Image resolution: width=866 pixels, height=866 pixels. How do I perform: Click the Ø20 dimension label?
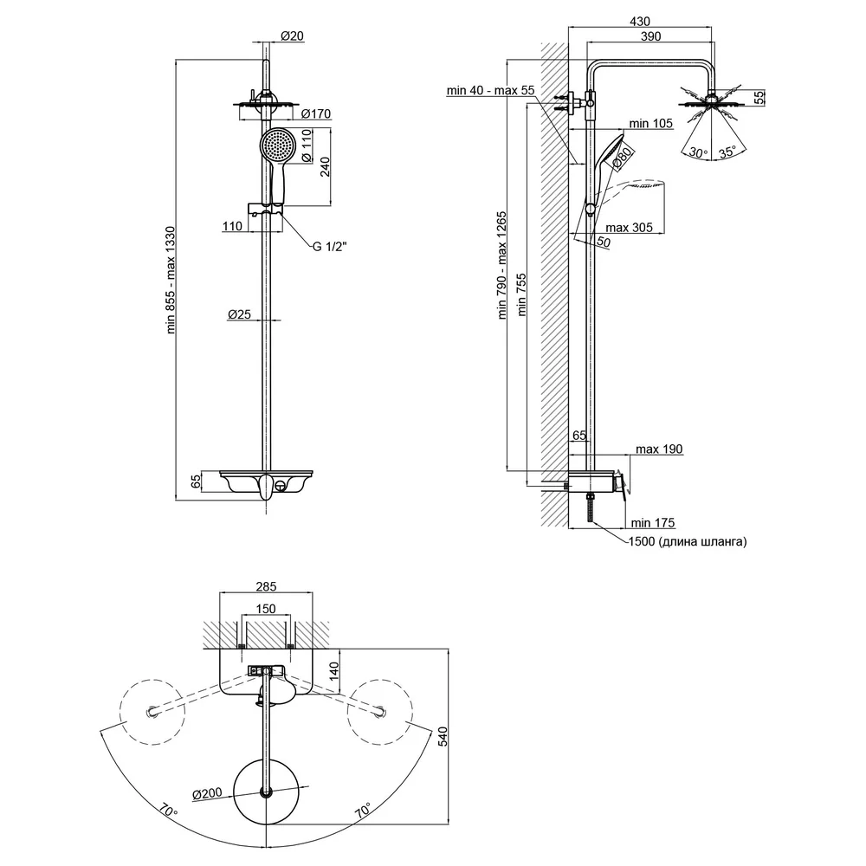pos(292,36)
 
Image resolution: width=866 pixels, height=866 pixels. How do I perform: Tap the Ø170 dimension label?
pos(316,113)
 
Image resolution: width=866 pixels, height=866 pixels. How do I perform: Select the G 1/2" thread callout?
pos(330,246)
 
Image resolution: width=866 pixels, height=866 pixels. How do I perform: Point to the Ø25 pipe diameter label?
pos(239,314)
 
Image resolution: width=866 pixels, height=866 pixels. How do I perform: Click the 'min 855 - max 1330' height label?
pos(171,280)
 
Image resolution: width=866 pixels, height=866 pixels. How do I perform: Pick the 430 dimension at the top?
pos(640,21)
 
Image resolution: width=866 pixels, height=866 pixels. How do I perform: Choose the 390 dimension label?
pos(650,36)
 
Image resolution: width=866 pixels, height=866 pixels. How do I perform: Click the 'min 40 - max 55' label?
pos(491,90)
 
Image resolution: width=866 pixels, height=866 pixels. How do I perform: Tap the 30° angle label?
pos(697,152)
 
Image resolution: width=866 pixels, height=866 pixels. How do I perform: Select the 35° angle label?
pos(727,152)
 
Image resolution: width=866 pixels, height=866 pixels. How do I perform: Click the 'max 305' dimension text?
pos(629,228)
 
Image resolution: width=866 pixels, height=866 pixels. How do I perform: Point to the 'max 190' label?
pos(659,449)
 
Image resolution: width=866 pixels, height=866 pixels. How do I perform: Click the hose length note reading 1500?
pos(688,541)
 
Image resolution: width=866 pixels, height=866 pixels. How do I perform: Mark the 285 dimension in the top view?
pos(266,586)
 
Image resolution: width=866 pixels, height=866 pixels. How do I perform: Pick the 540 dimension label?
pos(443,737)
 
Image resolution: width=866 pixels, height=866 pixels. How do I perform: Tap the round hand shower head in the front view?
pos(278,145)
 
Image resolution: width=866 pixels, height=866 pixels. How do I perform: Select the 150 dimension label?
pos(266,609)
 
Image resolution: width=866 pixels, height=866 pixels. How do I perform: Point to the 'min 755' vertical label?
pos(521,295)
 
